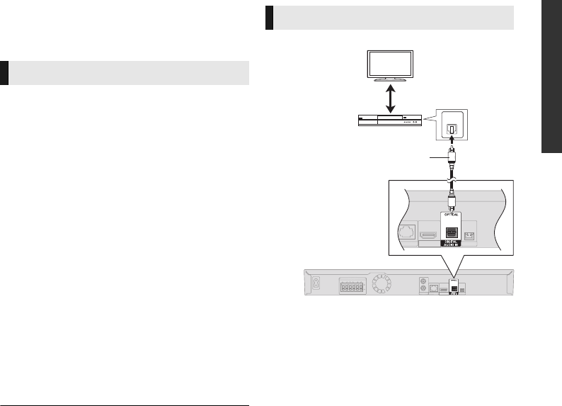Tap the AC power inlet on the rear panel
pyautogui.click(x=316, y=282)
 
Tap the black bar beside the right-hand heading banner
pyautogui.click(x=269, y=18)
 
